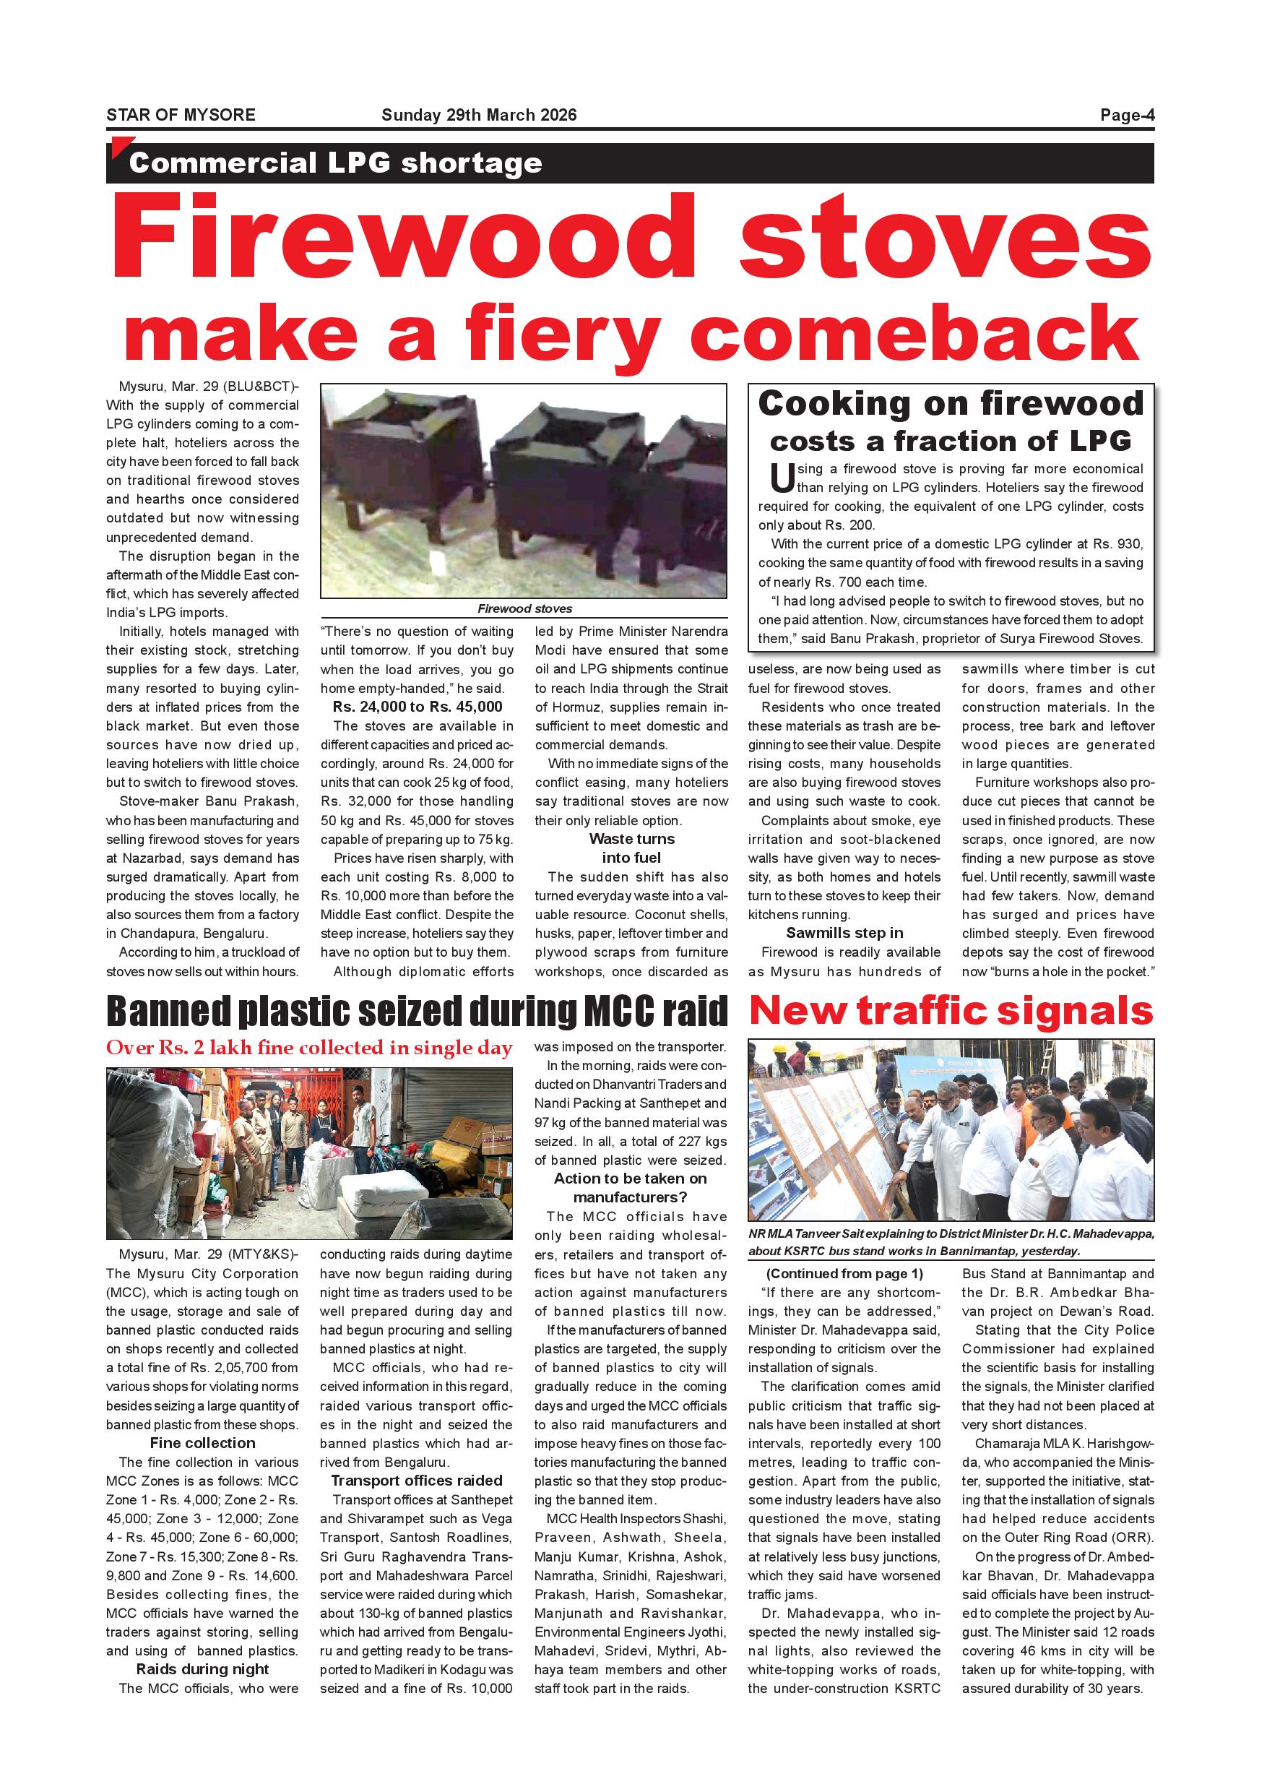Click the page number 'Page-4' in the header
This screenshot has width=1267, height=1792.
tap(1127, 116)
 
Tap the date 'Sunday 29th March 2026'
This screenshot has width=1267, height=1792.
tap(479, 116)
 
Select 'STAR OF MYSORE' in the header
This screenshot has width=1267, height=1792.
tap(181, 116)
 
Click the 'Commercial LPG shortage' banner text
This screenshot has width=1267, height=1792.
tap(335, 163)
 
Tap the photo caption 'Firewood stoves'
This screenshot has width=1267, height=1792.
tap(524, 609)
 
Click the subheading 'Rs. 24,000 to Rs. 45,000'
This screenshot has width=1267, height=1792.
tap(418, 707)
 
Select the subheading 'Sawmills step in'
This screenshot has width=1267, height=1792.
tap(844, 933)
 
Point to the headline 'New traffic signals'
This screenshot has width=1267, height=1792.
tap(951, 1011)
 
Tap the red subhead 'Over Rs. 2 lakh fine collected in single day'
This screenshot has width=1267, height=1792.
tap(309, 1048)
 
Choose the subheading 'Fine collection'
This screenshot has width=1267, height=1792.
tap(203, 1443)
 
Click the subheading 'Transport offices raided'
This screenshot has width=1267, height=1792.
tap(417, 1481)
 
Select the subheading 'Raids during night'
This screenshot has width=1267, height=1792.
tap(203, 1668)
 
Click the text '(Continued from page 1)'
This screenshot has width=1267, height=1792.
tap(845, 1274)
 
